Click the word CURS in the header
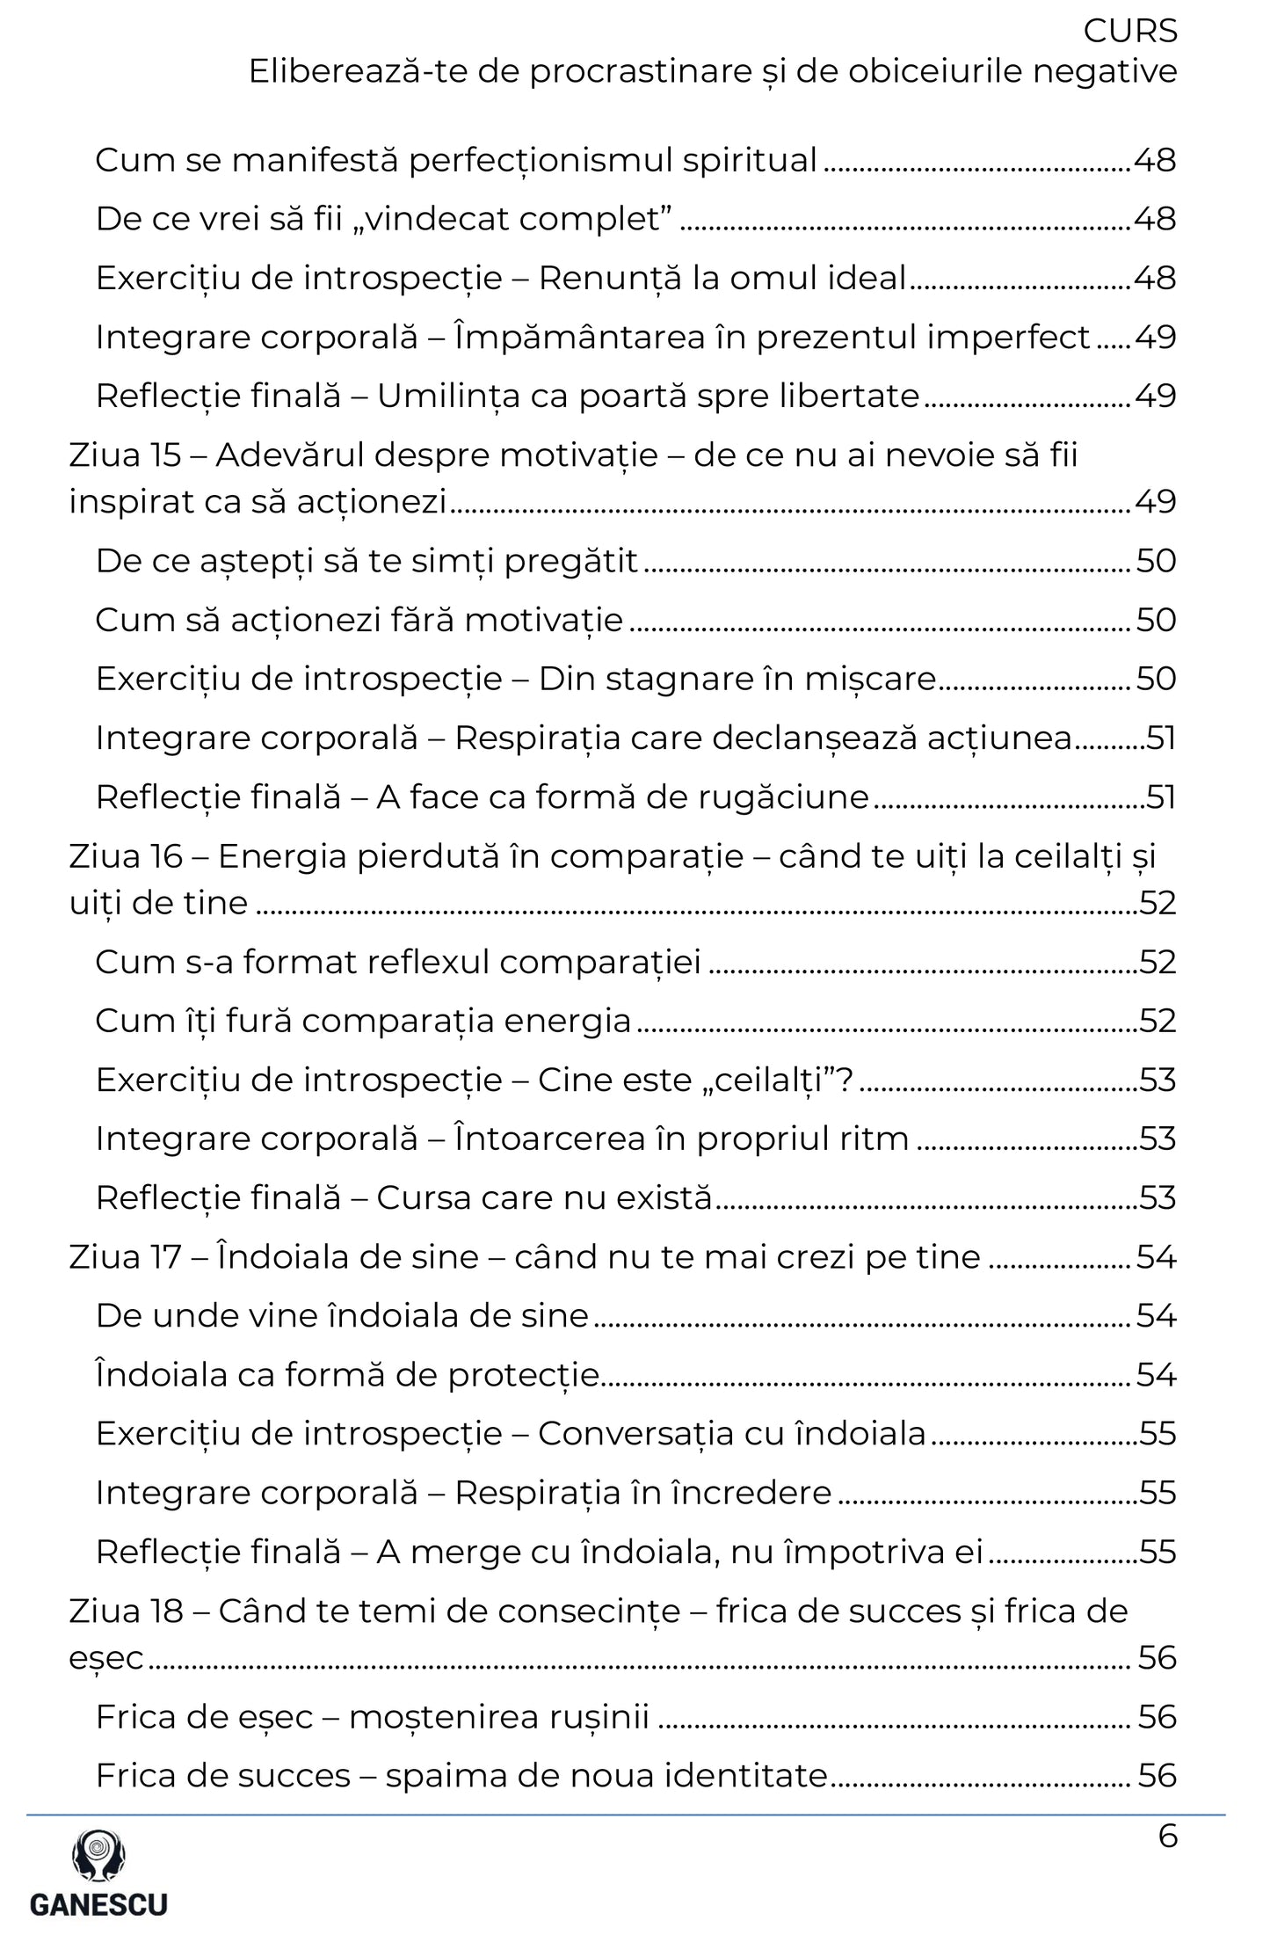[x=1129, y=32]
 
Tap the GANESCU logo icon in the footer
[x=98, y=1856]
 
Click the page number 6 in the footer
[x=1167, y=1837]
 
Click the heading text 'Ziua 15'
[x=125, y=455]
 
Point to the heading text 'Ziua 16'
[x=126, y=856]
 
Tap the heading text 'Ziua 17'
[x=126, y=1257]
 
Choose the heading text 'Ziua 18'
[x=126, y=1611]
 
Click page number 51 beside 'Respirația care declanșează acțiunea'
[x=1160, y=738]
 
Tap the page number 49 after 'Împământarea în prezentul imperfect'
[x=1155, y=338]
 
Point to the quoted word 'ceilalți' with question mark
[x=773, y=1080]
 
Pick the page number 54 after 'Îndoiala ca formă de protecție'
[x=1155, y=1375]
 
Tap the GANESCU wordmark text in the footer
[x=98, y=1904]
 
